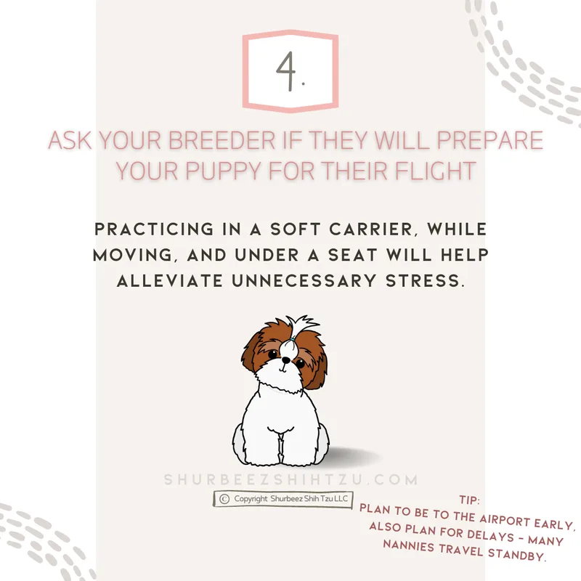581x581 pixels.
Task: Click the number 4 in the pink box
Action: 286,71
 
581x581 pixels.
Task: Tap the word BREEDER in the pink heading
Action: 222,140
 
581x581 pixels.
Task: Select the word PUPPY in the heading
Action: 224,171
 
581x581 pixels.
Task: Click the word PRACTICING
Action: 154,229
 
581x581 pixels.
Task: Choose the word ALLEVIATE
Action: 170,280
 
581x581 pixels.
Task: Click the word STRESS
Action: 425,280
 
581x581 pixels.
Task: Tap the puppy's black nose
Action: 285,359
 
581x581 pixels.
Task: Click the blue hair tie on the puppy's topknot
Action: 293,339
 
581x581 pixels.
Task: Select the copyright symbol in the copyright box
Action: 224,499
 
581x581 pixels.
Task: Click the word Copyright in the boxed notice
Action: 251,499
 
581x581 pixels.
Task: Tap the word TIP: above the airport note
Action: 469,500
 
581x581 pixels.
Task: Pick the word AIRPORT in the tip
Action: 505,521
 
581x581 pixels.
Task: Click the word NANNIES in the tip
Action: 408,545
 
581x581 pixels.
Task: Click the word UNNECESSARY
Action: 304,280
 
